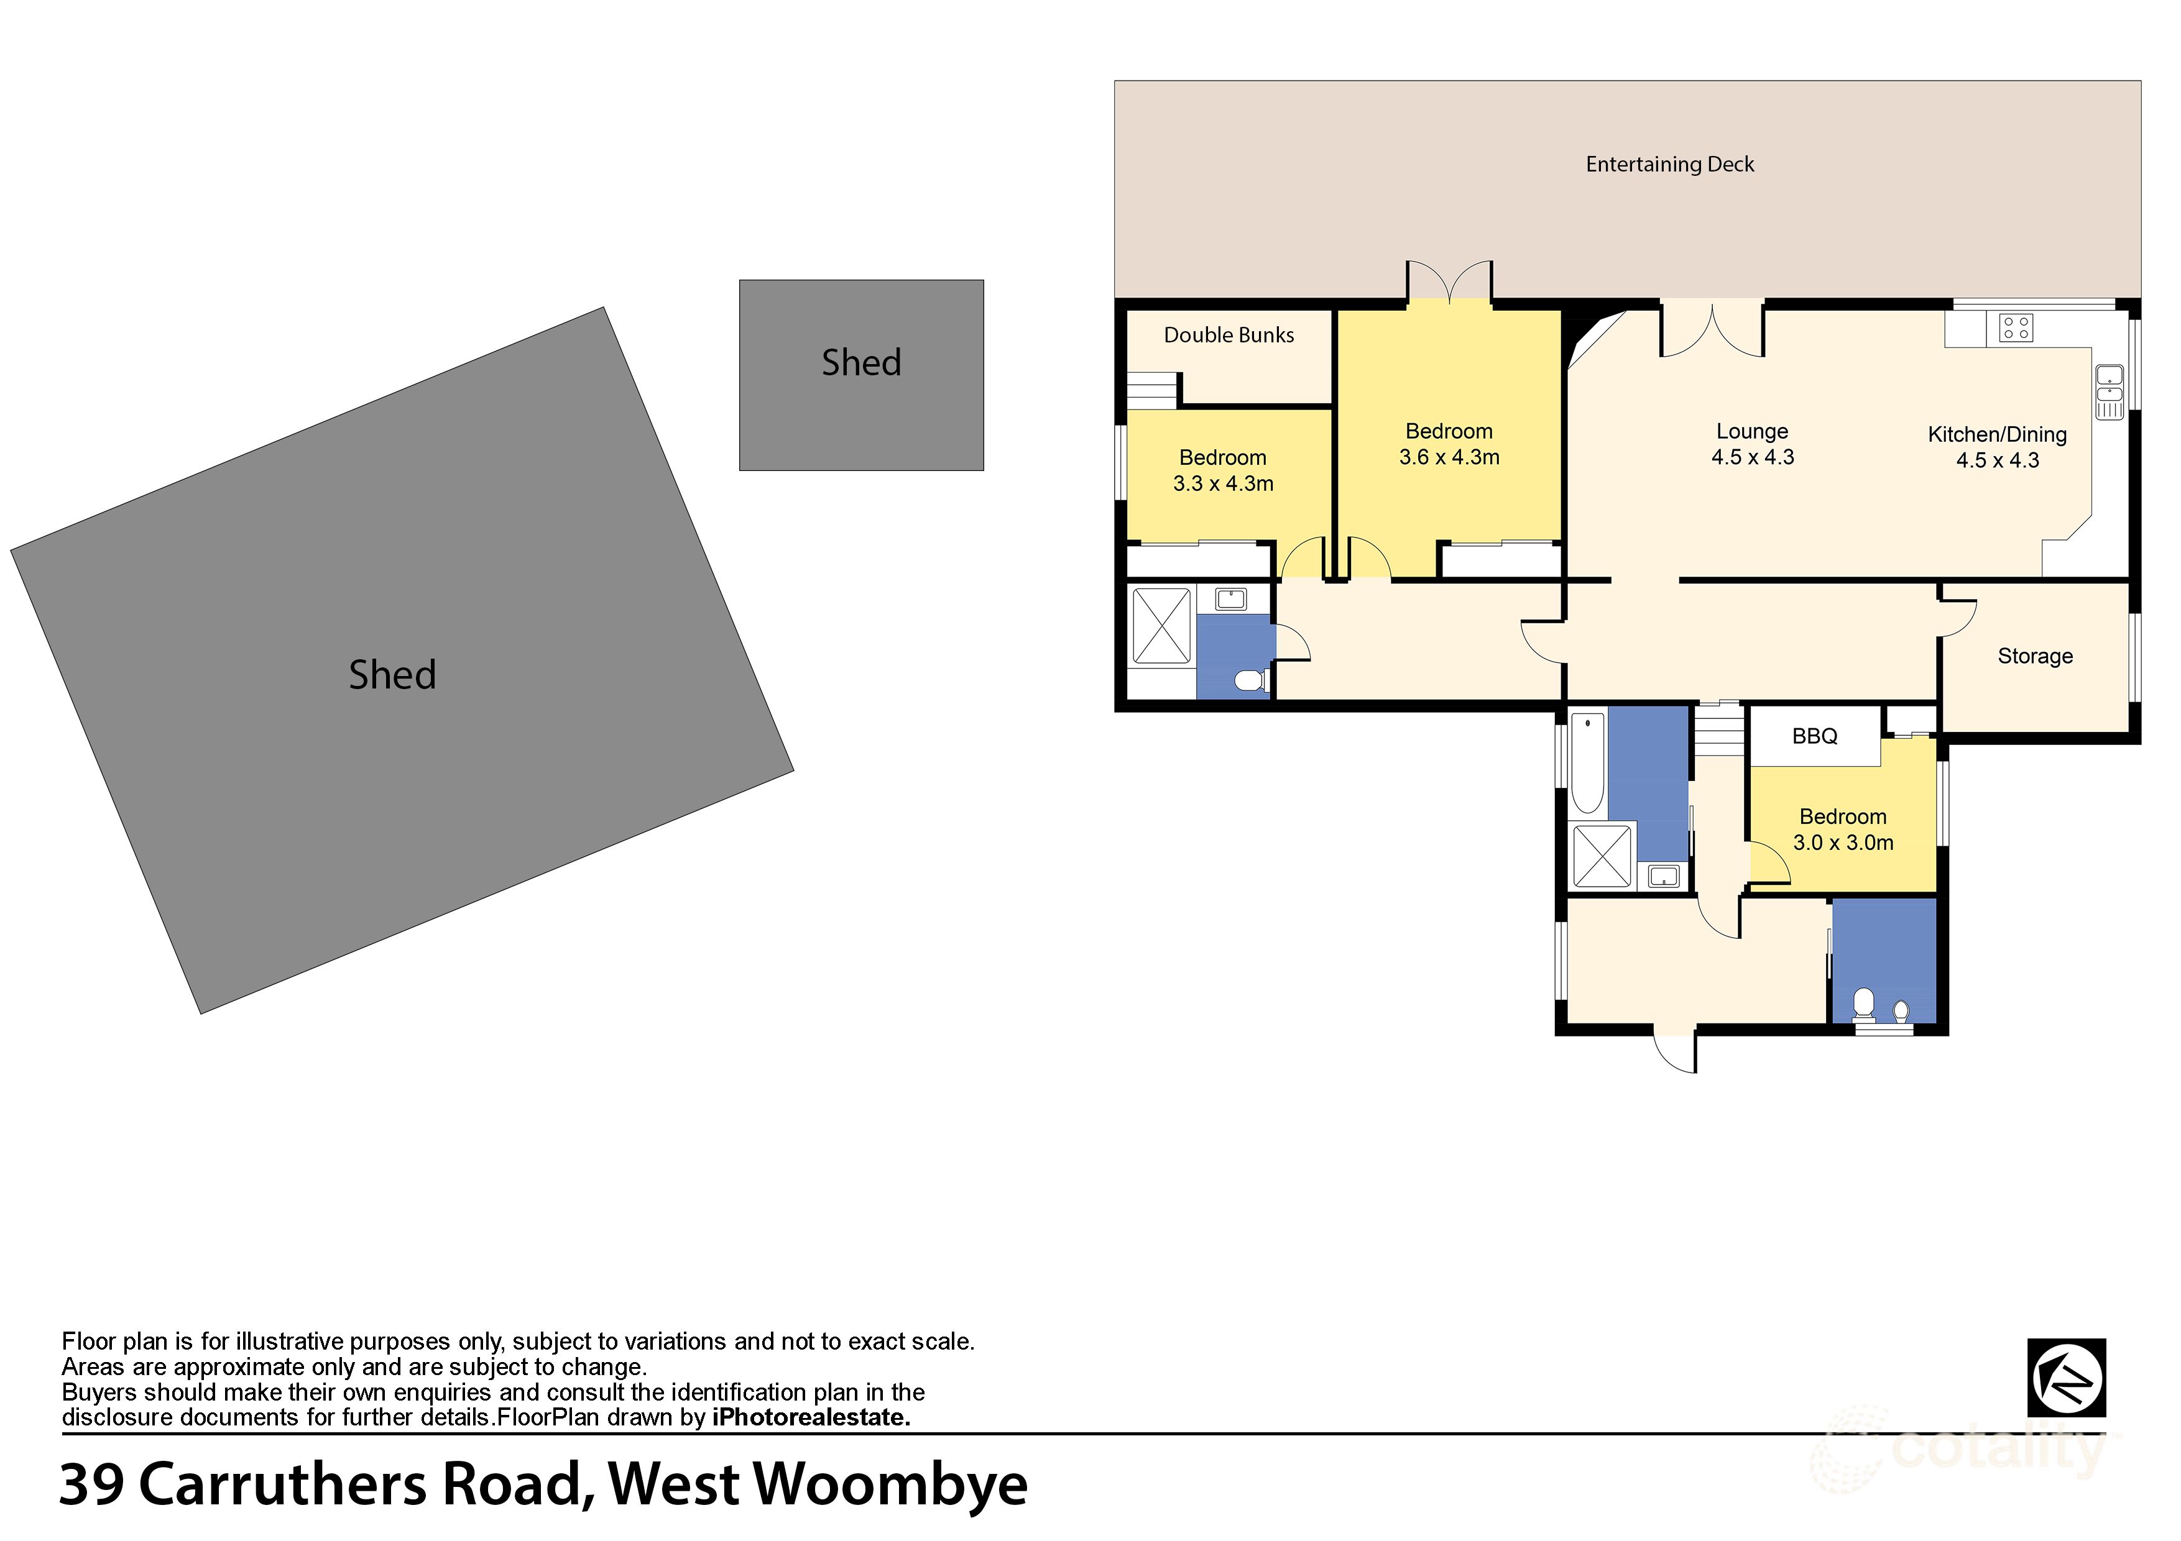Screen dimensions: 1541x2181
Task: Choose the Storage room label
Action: click(x=2035, y=656)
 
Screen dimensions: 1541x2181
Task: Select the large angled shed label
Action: click(x=392, y=675)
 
